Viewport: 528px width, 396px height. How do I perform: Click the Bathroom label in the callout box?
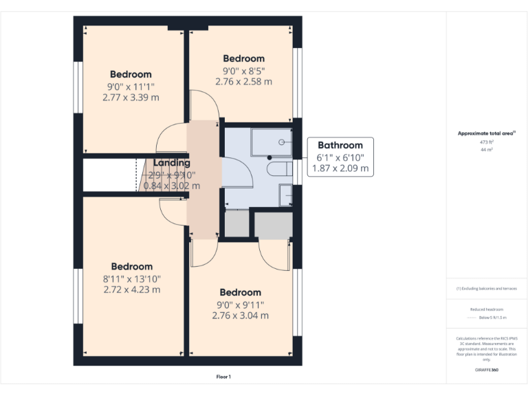(340, 145)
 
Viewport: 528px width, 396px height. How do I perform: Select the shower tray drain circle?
(282, 142)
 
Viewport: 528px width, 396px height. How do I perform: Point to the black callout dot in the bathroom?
(269, 157)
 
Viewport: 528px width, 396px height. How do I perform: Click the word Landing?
(171, 163)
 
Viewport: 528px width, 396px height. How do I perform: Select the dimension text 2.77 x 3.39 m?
(130, 97)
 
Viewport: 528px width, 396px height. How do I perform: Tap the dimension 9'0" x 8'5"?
(243, 70)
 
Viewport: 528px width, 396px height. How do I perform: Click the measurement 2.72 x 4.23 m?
(131, 289)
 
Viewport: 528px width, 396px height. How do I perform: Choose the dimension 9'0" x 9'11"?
(240, 305)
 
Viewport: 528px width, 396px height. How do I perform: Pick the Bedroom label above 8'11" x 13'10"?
(131, 267)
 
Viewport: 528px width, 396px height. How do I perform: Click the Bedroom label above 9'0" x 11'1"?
(131, 74)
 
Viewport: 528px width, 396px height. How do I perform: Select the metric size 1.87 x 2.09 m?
(340, 168)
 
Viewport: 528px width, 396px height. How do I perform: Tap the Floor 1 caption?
(223, 377)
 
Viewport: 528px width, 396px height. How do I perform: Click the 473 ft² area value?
(487, 142)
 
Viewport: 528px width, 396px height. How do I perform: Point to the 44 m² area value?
(487, 149)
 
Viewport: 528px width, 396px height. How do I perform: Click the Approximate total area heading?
(487, 133)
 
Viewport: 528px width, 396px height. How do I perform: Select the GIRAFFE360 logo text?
(487, 371)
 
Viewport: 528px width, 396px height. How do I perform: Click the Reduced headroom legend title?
(487, 309)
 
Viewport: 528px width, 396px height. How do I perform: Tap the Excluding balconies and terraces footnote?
(487, 289)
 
